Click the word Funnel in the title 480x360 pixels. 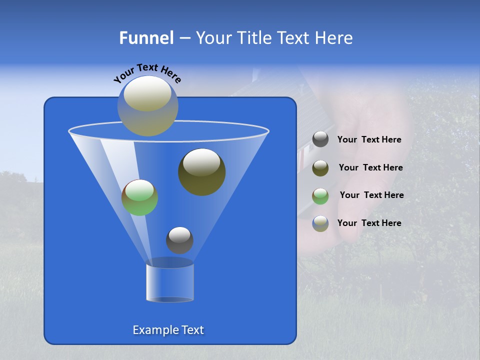tap(146, 38)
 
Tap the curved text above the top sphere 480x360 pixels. tap(147, 73)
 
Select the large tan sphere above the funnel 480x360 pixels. tap(147, 106)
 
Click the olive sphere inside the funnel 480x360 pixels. tap(201, 172)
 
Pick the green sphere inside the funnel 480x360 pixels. tap(139, 197)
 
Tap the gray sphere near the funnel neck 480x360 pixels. tap(179, 240)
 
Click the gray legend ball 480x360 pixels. tap(320, 139)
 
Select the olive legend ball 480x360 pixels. tap(320, 168)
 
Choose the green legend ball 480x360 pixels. tap(320, 196)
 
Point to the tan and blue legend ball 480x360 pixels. tap(320, 223)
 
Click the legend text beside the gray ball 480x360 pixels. tap(369, 140)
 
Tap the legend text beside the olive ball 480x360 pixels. tap(370, 167)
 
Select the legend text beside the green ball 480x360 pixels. tap(371, 195)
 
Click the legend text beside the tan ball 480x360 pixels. tap(369, 223)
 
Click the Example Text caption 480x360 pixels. tap(168, 330)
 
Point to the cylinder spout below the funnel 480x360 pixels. tap(170, 282)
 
